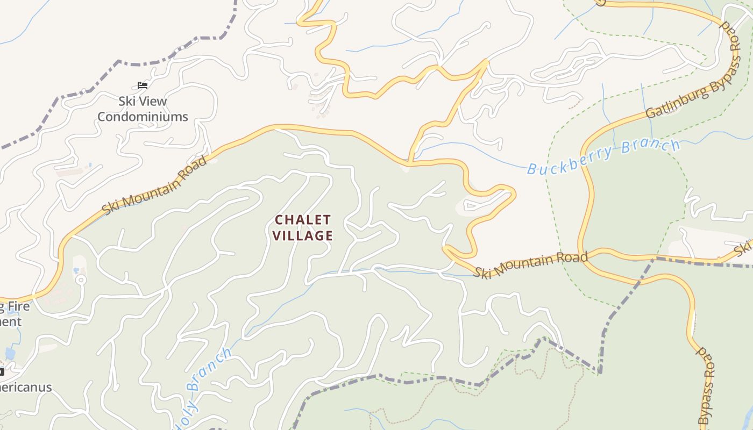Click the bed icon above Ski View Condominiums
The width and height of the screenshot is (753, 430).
142,85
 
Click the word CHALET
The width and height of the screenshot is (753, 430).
303,220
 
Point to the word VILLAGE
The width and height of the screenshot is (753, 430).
303,235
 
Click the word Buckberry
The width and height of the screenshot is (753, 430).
571,160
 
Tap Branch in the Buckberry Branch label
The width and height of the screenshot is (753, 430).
651,146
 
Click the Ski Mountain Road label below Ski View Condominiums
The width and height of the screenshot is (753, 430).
155,185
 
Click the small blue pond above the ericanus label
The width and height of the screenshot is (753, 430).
10,353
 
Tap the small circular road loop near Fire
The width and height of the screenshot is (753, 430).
81,279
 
